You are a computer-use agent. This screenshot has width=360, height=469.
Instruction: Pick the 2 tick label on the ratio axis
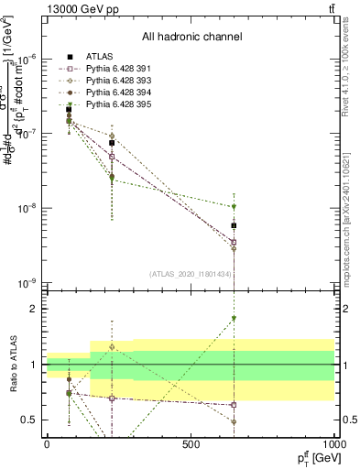coord(35,309)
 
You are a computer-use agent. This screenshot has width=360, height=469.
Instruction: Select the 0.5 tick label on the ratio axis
coord(30,420)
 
